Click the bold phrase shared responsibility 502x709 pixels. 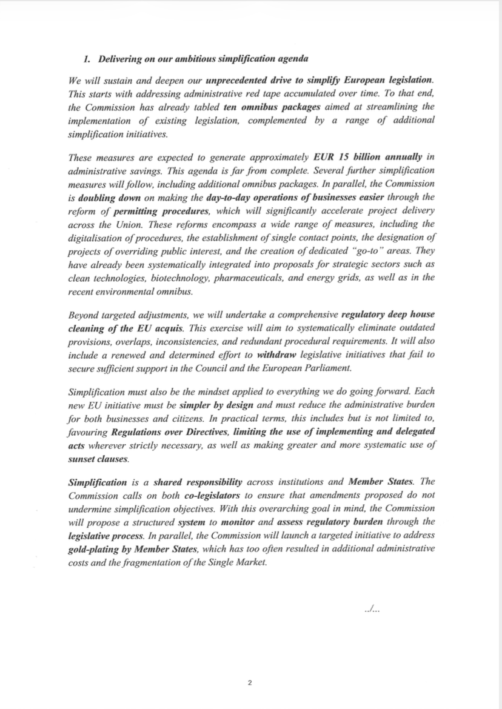click(x=198, y=482)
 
